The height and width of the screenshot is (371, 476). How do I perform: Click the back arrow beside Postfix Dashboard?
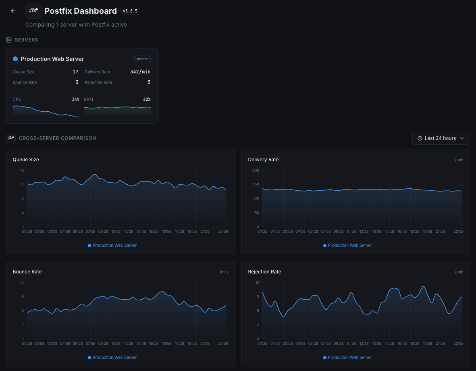[x=13, y=11]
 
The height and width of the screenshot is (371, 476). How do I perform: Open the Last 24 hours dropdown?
[x=441, y=138]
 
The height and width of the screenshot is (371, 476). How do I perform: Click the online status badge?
[x=142, y=59]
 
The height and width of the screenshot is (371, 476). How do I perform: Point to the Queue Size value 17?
[x=75, y=72]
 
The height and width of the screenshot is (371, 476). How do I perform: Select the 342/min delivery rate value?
[x=140, y=72]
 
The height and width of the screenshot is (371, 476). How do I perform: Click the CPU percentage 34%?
[x=75, y=99]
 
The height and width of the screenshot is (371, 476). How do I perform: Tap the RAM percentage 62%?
[x=147, y=99]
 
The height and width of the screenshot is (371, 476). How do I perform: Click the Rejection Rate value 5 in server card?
[x=149, y=82]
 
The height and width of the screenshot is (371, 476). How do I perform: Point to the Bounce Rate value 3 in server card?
[x=77, y=82]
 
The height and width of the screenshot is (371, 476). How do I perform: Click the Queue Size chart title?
[x=26, y=160]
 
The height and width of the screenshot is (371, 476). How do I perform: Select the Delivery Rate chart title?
[x=263, y=160]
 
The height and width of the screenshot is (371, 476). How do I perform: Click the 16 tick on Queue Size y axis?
[x=22, y=171]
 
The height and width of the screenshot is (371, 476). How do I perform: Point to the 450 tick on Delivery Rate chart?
[x=256, y=185]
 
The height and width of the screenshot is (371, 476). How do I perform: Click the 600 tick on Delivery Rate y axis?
[x=256, y=171]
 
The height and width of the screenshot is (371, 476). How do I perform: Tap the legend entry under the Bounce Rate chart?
[x=112, y=357]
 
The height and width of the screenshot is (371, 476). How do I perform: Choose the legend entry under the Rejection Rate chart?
[x=348, y=357]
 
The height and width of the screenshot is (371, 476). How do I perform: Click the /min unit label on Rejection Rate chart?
[x=459, y=272]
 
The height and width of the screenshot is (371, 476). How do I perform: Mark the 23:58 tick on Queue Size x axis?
[x=223, y=231]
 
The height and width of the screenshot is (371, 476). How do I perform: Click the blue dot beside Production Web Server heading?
[x=15, y=59]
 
